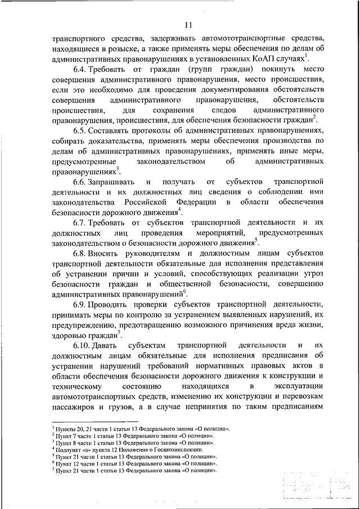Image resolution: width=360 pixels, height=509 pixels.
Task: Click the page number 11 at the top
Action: (x=187, y=24)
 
